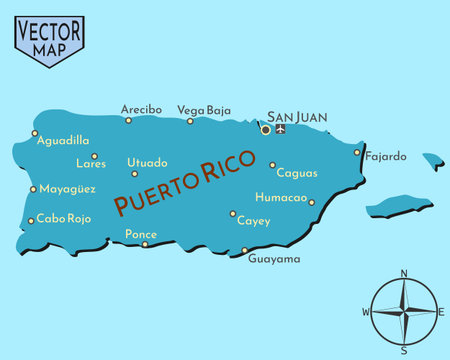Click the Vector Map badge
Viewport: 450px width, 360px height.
coord(49,39)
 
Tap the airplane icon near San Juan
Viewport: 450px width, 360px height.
coord(280,128)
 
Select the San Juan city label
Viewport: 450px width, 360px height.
coord(297,116)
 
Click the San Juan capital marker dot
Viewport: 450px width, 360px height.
coord(265,129)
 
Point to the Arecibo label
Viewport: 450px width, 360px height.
coord(141,109)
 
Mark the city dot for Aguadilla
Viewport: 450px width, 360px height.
coord(34,133)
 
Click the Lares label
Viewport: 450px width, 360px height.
coord(90,164)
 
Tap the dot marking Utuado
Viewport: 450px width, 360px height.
coord(135,173)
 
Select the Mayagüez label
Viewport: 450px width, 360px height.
coord(67,188)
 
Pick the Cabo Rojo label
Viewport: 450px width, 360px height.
coord(64,218)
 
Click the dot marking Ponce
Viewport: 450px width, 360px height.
coord(145,244)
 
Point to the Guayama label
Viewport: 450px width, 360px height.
coord(273,259)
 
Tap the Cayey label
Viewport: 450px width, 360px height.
coord(253,221)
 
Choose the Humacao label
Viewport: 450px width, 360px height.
coord(281,197)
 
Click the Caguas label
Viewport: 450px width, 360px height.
coord(297,173)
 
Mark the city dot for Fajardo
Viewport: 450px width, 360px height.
coord(357,153)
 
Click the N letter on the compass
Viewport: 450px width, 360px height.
coord(404,273)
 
